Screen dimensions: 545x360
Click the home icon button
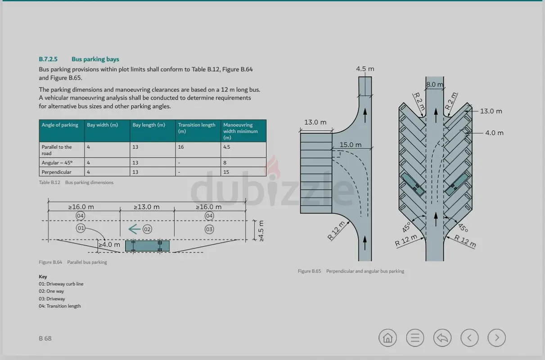(387, 337)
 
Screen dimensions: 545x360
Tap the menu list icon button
(415, 337)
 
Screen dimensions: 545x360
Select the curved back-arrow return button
(442, 337)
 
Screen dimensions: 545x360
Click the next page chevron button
(497, 337)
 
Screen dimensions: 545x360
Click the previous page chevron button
(469, 337)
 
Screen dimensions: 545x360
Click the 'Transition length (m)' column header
(197, 128)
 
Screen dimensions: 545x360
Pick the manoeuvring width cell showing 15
(226, 172)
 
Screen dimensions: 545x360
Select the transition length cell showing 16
(181, 147)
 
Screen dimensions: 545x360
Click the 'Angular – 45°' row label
(57, 162)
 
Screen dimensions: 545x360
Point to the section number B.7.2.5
(48, 59)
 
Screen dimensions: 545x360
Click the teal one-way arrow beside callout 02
(134, 229)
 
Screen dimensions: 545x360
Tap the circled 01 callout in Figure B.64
(81, 228)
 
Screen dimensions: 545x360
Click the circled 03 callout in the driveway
(209, 229)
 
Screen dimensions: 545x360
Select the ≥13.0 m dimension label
(147, 207)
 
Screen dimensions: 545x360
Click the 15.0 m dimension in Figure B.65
(350, 145)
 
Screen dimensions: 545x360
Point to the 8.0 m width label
(435, 85)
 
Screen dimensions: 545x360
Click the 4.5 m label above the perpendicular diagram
(365, 69)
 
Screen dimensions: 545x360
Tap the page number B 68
(45, 338)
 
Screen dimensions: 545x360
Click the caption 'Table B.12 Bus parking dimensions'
(76, 182)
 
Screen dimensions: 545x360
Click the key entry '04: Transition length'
(59, 306)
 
